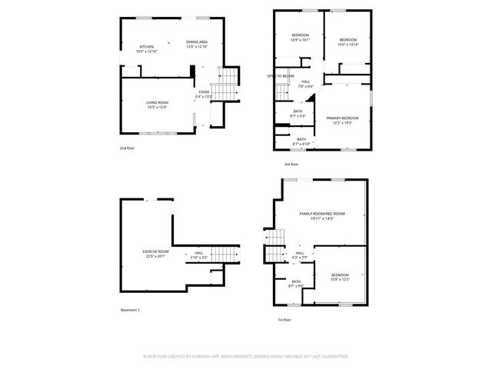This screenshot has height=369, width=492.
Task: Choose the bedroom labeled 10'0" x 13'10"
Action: [x=348, y=42]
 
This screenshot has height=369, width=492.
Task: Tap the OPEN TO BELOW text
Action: [x=281, y=76]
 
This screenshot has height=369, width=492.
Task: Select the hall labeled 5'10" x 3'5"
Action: [x=198, y=254]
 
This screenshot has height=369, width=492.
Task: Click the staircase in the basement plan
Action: [x=223, y=255]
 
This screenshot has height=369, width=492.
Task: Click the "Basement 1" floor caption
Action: [x=130, y=310]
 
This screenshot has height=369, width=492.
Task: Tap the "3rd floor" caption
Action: [x=291, y=164]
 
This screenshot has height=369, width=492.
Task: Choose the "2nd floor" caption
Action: [x=127, y=147]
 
